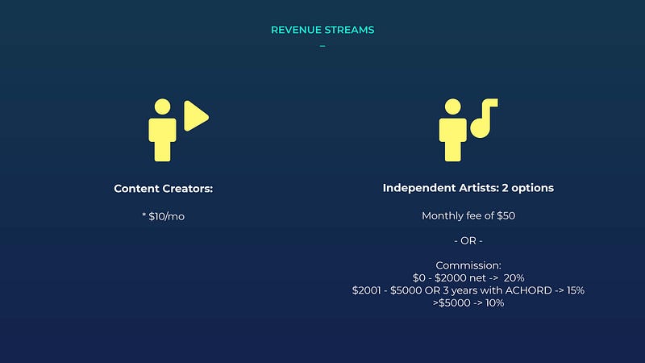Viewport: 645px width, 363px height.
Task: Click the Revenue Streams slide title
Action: coord(322,30)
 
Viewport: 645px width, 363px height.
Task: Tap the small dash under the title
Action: coord(322,46)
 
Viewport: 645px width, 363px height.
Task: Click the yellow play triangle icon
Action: coord(196,115)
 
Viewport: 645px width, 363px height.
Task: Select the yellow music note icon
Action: coord(484,118)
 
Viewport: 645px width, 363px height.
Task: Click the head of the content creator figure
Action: coord(163,106)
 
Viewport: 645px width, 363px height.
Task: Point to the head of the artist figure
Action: coord(453,106)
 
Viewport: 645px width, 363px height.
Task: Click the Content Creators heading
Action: coord(164,189)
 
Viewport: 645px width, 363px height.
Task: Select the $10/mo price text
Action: coord(167,216)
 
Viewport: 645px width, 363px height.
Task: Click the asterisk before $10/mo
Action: coord(144,215)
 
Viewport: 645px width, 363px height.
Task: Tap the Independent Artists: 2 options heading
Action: coord(468,188)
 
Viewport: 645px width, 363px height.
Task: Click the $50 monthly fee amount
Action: coord(506,215)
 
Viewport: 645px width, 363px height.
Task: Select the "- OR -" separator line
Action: coord(468,240)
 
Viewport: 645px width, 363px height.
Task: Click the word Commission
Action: coord(468,265)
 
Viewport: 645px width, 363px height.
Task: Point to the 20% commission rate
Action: coord(514,278)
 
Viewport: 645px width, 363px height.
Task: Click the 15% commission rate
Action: coord(575,290)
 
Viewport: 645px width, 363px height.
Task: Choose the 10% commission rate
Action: coord(494,303)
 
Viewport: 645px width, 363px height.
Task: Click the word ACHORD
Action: coord(529,290)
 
